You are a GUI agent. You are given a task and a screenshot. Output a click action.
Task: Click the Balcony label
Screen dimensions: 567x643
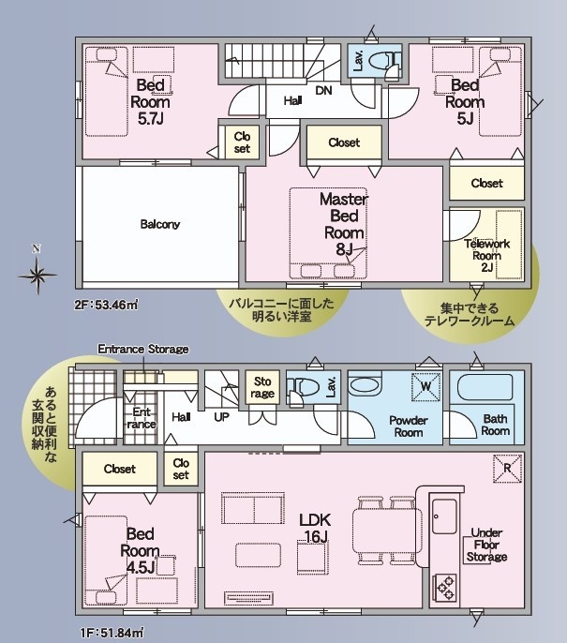[160, 224]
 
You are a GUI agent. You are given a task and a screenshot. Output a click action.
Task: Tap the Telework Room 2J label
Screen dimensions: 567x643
[486, 256]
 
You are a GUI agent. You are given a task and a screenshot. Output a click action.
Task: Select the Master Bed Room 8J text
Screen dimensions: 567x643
[344, 224]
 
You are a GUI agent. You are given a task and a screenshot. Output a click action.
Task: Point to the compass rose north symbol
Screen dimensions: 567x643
[37, 272]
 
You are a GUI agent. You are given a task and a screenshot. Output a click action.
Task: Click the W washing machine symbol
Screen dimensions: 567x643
[426, 386]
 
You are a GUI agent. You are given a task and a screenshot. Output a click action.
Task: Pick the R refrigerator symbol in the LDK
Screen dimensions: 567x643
[508, 468]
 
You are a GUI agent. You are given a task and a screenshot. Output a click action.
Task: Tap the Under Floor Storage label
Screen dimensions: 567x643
[486, 545]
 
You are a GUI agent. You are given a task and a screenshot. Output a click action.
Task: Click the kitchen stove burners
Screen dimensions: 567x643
[446, 587]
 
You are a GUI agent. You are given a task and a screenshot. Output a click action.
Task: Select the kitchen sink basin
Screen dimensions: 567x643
[444, 516]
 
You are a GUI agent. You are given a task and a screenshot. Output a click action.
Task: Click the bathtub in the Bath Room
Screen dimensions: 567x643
[485, 387]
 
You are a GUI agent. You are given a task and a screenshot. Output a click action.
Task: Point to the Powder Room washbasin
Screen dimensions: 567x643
[365, 385]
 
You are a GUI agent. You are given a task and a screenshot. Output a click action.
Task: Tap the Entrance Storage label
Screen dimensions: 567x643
[143, 350]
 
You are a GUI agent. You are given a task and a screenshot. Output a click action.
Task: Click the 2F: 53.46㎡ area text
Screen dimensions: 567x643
[106, 306]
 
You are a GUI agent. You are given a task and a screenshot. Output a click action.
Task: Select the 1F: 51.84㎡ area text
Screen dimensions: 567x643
[112, 633]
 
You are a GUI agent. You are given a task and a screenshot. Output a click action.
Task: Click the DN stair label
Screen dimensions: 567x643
[323, 90]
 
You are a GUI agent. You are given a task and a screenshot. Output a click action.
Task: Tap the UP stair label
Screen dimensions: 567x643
[221, 417]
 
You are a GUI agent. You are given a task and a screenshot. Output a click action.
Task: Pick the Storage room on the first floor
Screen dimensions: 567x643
[262, 387]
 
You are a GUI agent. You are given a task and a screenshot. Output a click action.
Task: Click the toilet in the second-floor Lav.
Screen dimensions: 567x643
[385, 61]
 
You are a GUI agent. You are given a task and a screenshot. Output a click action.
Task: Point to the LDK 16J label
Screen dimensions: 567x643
[315, 529]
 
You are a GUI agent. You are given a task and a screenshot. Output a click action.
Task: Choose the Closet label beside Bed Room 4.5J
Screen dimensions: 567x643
[119, 469]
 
